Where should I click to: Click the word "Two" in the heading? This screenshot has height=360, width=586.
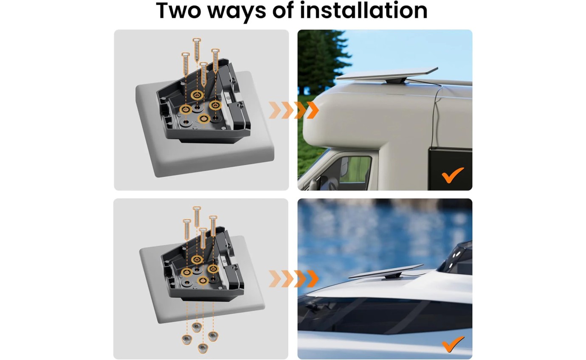click(x=180, y=11)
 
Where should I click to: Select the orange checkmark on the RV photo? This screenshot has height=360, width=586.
click(x=453, y=175)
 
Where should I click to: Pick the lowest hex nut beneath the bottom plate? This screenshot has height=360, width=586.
click(x=201, y=347)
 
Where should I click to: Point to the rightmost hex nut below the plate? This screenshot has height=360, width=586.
click(x=212, y=336)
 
